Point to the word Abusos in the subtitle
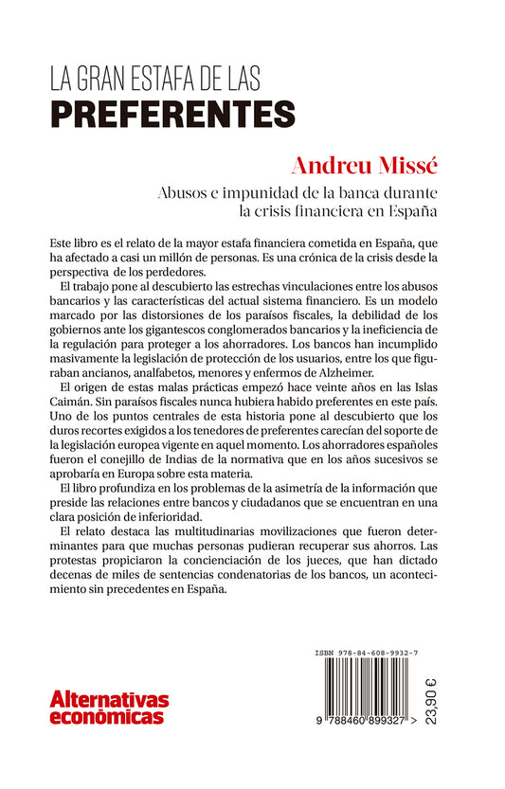click(186, 192)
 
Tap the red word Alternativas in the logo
click(109, 701)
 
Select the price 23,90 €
click(485, 701)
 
